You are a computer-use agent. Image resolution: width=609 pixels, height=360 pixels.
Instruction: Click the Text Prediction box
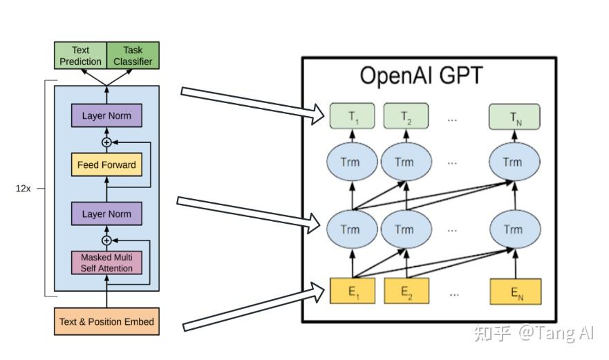(80, 55)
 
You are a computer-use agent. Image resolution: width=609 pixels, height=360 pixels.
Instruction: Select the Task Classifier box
(133, 55)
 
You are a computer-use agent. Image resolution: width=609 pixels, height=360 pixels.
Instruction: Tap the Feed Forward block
(106, 165)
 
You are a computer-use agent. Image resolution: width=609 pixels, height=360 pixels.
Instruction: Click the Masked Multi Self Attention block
(106, 263)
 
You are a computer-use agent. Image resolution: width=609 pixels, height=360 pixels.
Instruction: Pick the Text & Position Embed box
(106, 321)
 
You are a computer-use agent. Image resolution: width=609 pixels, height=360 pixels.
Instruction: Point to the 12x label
(24, 188)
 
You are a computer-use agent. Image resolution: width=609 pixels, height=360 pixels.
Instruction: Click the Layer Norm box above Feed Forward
(106, 115)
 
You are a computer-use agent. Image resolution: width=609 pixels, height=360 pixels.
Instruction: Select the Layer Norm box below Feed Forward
(106, 214)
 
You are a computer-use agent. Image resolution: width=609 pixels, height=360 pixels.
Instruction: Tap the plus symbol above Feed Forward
(106, 142)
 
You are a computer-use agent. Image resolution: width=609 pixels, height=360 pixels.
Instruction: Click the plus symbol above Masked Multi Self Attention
(106, 240)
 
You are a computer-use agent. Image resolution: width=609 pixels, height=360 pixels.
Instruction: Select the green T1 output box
(353, 116)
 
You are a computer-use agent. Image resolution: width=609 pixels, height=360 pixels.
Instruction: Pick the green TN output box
(515, 116)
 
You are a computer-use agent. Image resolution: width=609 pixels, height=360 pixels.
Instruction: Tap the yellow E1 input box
(353, 291)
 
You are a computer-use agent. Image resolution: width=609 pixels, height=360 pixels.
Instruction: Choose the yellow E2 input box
(406, 291)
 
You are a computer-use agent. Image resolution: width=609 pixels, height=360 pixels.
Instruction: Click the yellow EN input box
(515, 291)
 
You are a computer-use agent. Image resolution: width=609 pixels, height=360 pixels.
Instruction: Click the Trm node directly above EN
(512, 229)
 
